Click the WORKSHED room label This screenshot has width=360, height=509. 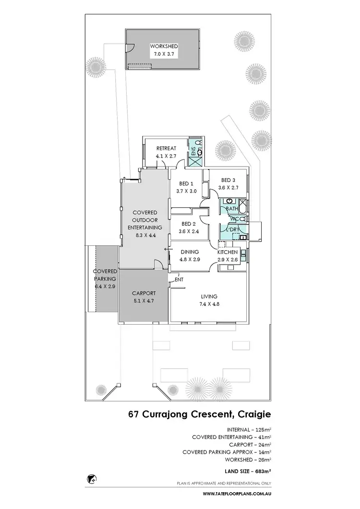pyautogui.click(x=164, y=46)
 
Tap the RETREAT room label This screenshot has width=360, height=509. pyautogui.click(x=166, y=148)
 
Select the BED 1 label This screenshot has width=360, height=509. pyautogui.click(x=186, y=184)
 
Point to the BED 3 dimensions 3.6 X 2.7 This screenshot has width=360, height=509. pyautogui.click(x=228, y=188)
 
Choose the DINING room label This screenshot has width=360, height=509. pyautogui.click(x=190, y=252)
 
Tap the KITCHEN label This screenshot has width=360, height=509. pyautogui.click(x=228, y=252)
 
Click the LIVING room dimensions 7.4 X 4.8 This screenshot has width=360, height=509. pyautogui.click(x=209, y=303)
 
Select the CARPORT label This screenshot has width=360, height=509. pyautogui.click(x=143, y=293)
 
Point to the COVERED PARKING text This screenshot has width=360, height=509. pyautogui.click(x=105, y=275)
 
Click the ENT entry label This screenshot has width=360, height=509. pyautogui.click(x=179, y=279)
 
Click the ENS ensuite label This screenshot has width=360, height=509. pyautogui.click(x=194, y=152)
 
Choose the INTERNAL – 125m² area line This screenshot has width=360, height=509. pyautogui.click(x=247, y=429)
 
